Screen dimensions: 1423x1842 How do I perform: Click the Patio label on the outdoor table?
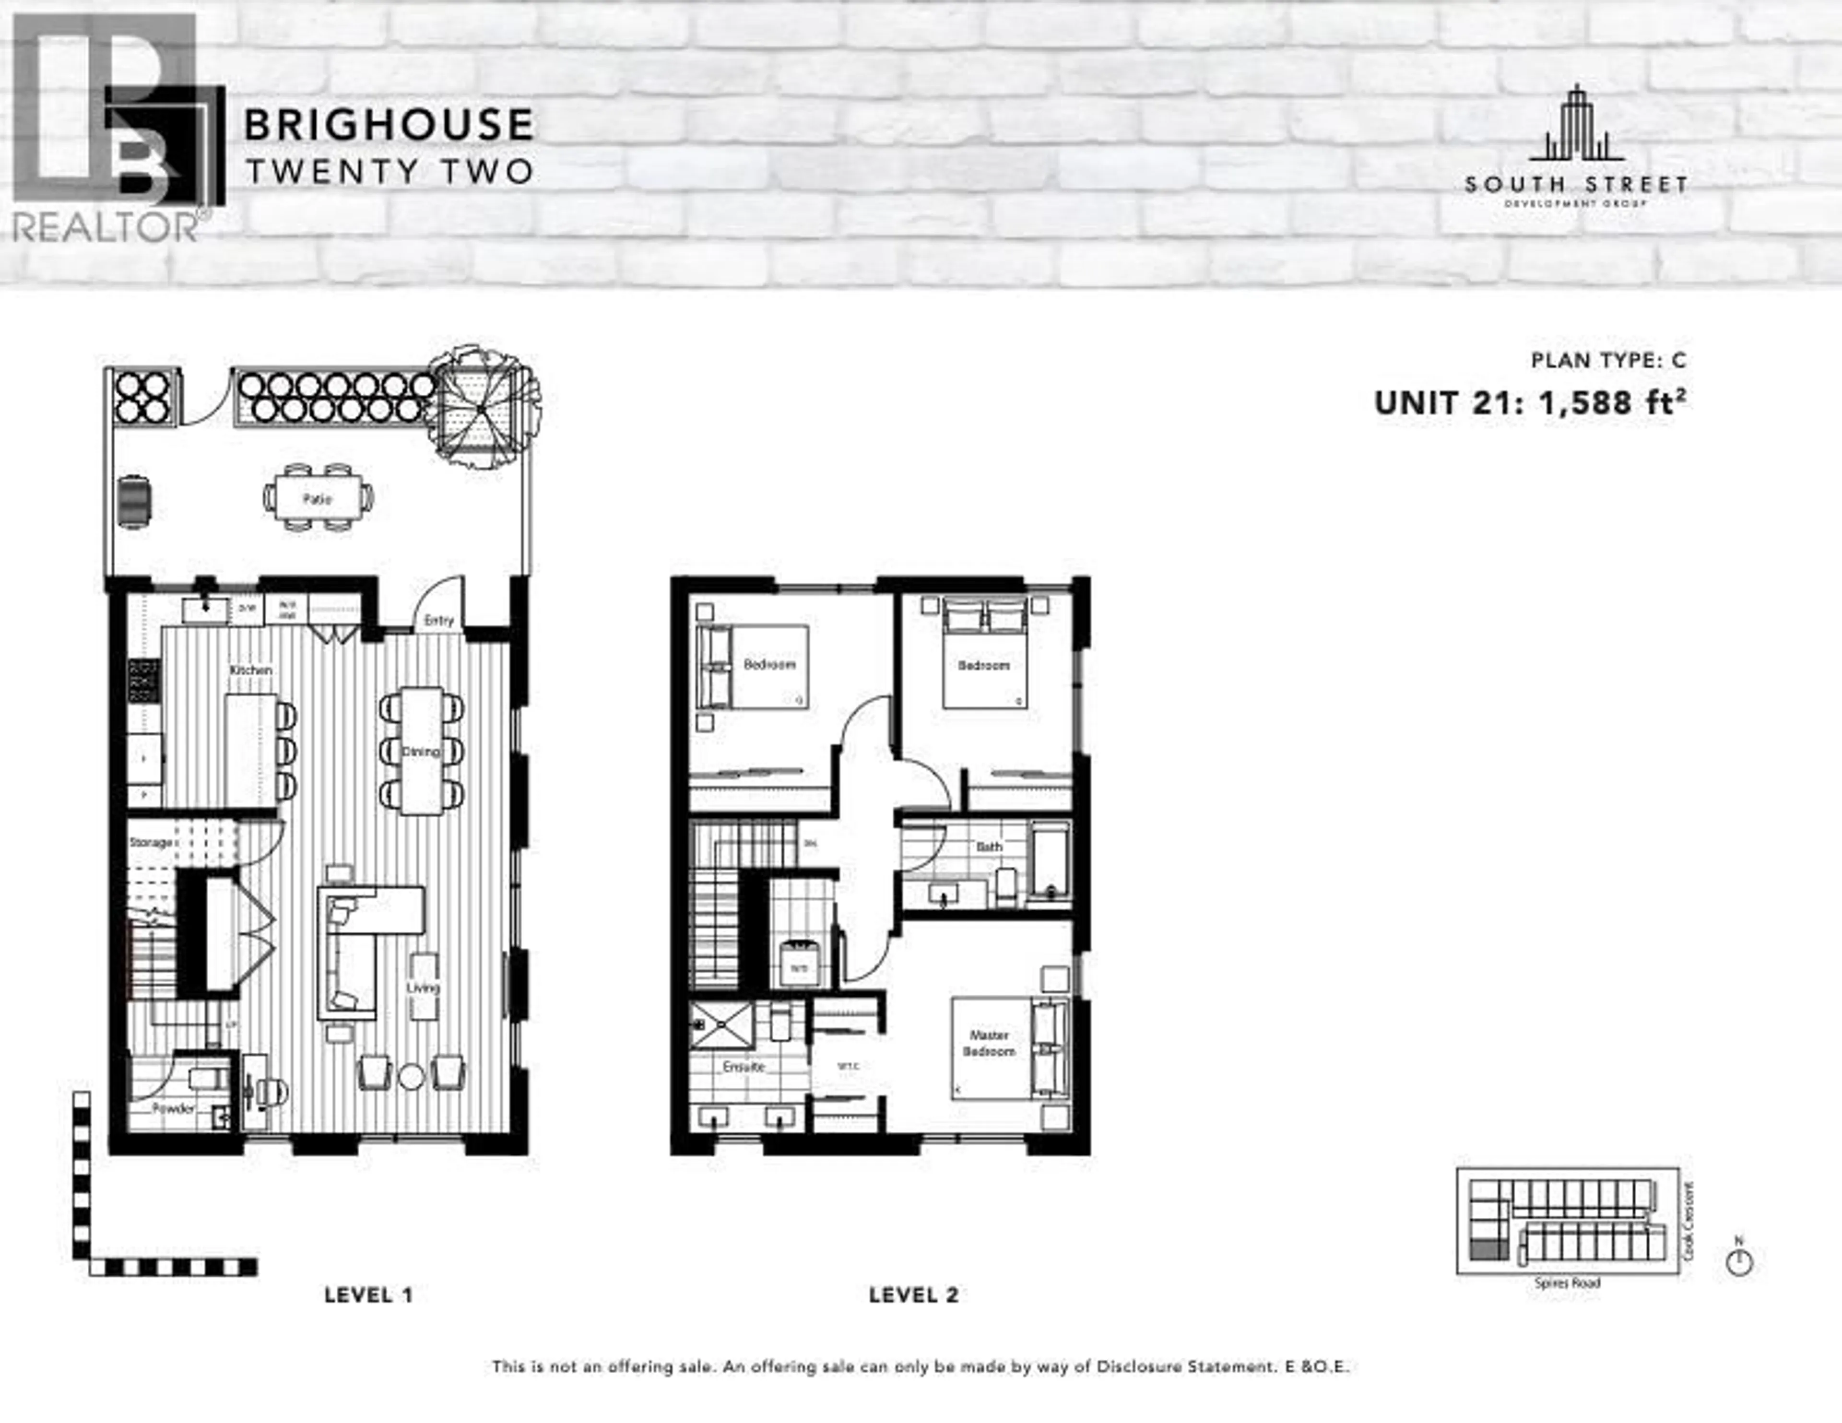(x=317, y=499)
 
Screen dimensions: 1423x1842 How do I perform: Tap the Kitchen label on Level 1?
(x=251, y=670)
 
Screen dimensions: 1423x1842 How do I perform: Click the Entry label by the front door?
(x=438, y=620)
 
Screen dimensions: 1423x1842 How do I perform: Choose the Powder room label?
(x=174, y=1108)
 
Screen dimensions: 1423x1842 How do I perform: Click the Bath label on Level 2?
(x=989, y=846)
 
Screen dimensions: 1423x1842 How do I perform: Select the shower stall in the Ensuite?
(x=721, y=1025)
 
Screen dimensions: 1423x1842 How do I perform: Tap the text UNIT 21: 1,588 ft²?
(x=1530, y=403)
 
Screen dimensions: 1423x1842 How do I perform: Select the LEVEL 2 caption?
(x=913, y=1295)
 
